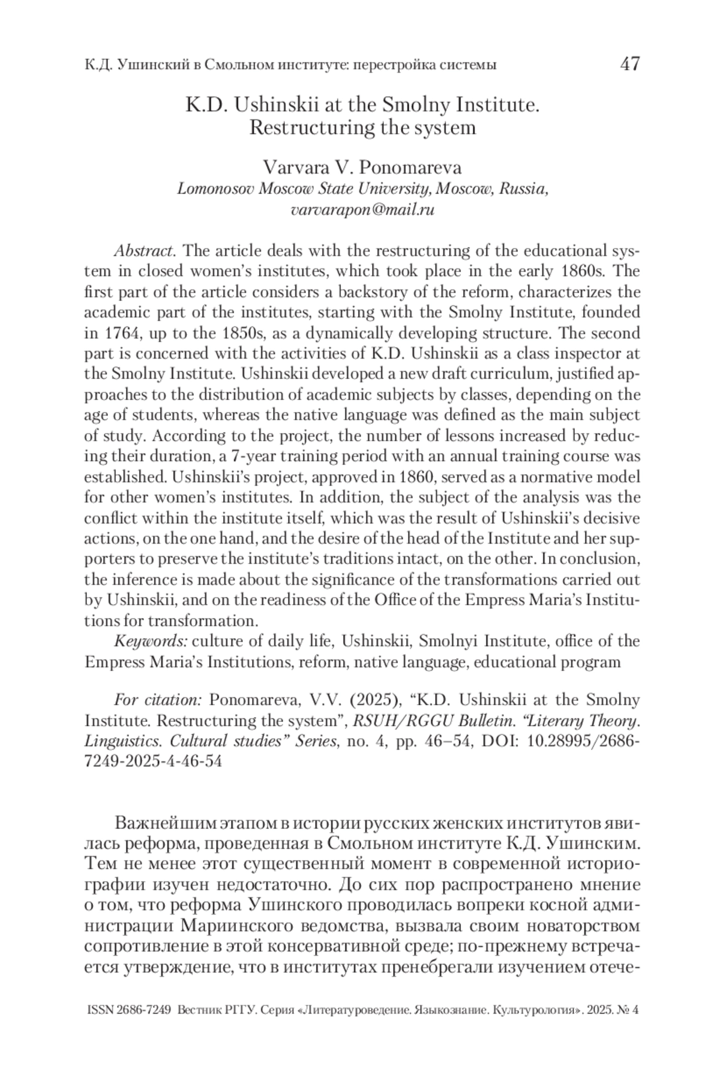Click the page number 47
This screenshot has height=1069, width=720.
(629, 63)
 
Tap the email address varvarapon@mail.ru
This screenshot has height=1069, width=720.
(362, 210)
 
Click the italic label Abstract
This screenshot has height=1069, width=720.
(145, 250)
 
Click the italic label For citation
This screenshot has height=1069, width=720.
(158, 700)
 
